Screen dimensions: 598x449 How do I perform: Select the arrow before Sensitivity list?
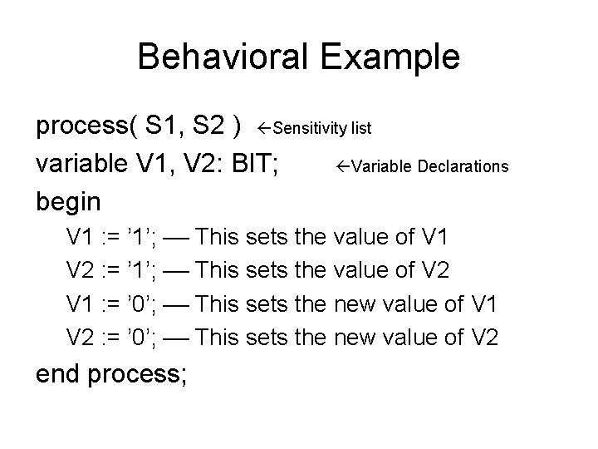click(x=264, y=129)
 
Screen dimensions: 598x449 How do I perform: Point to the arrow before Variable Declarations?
click(x=342, y=166)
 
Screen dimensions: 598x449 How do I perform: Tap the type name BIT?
click(x=261, y=165)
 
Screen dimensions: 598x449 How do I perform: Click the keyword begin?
click(x=68, y=201)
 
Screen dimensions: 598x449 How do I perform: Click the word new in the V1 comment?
click(x=356, y=304)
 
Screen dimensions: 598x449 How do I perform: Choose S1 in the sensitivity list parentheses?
click(x=161, y=128)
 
